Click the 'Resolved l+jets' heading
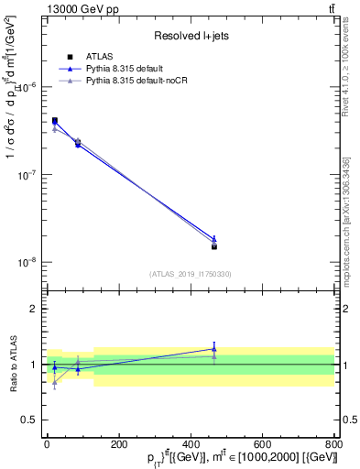click(x=190, y=36)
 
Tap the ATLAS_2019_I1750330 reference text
click(x=190, y=274)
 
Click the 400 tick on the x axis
click(x=191, y=442)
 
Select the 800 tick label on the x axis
click(x=334, y=442)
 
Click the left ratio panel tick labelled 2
click(x=33, y=309)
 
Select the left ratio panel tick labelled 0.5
click(x=29, y=420)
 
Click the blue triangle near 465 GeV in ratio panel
click(x=214, y=349)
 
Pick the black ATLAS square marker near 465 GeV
click(x=214, y=246)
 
